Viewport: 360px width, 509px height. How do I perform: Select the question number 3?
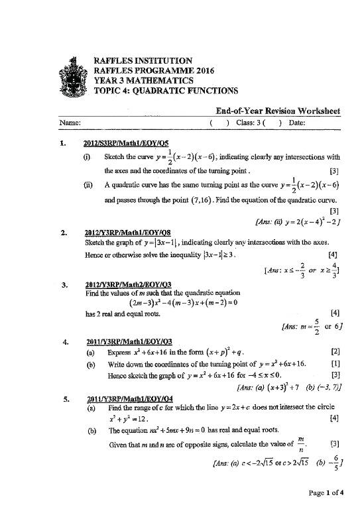click(x=62, y=285)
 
